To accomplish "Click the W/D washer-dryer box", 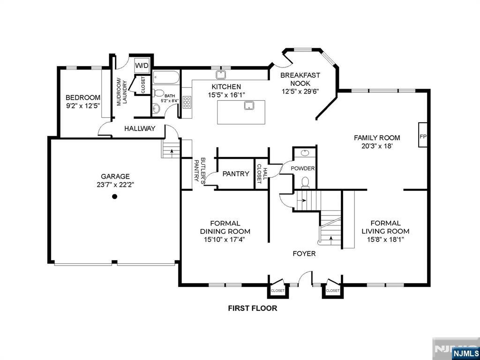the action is point(142,65).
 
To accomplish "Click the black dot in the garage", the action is point(114,196).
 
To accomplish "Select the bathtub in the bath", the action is point(166,78).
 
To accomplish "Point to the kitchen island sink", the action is point(249,105).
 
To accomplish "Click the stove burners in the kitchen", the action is point(187,102).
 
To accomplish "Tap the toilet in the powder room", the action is point(305,182).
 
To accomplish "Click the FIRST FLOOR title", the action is point(253,308).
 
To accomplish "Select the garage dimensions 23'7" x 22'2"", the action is point(115,185).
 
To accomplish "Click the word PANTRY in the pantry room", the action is point(236,174).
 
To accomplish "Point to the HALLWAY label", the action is point(140,128).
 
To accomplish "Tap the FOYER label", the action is point(304,254).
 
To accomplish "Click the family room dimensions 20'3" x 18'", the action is point(377,146).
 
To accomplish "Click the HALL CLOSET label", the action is point(262,173).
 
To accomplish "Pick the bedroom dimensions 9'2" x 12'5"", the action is point(83,106).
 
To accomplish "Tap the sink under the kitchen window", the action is point(221,75).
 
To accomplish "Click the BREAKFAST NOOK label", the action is point(296,79).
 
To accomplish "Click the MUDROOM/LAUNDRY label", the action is point(121,93).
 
